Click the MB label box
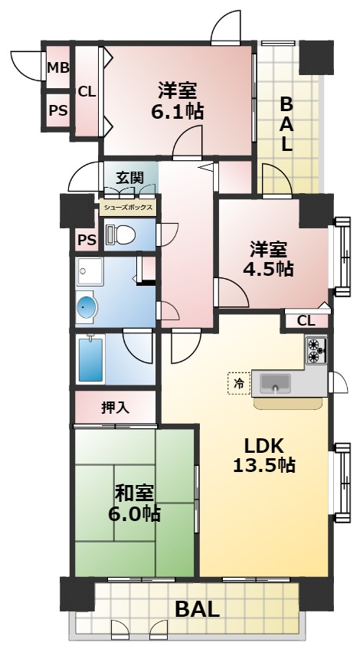coord(58,68)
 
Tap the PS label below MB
coord(58,110)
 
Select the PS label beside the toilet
coord(87,241)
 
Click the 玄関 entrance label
coord(129,177)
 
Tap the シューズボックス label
coord(128,207)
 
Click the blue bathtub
coord(91,358)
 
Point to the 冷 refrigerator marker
coord(239,382)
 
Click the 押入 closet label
coord(115,408)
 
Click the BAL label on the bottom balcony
coord(198,610)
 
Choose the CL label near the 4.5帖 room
coord(305,320)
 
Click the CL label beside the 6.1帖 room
coord(87,91)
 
